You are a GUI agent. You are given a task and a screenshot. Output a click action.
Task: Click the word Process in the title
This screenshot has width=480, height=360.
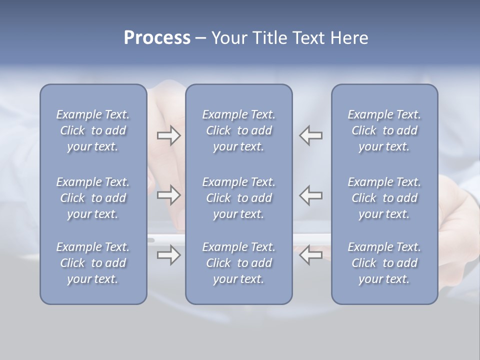tap(157, 38)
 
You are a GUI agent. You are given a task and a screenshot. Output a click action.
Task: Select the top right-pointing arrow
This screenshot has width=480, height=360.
tap(168, 135)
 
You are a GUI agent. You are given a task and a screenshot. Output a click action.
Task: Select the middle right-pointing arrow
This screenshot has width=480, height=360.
tap(168, 195)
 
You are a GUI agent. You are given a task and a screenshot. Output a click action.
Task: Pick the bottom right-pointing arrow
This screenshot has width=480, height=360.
tap(168, 255)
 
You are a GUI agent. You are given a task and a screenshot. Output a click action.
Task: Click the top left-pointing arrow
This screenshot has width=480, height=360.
tap(311, 135)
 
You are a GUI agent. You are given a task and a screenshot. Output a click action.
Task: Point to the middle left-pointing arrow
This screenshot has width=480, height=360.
tap(311, 195)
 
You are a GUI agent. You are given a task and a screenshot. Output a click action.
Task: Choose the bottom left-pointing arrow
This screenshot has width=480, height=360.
tap(311, 255)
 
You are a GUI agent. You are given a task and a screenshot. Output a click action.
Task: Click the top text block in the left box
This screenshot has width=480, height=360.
tap(93, 130)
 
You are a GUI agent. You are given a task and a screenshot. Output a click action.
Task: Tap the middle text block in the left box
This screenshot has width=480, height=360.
tap(93, 198)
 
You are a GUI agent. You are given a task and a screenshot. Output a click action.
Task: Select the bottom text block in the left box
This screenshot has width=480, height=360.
tap(93, 263)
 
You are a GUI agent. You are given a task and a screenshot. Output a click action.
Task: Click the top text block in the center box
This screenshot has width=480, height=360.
tap(238, 130)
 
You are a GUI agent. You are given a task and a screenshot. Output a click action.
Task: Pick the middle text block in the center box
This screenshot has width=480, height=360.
tap(238, 198)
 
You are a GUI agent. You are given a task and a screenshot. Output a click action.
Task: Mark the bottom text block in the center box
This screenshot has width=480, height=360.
tap(238, 263)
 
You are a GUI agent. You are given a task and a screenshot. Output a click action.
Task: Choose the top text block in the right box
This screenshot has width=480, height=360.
tap(384, 130)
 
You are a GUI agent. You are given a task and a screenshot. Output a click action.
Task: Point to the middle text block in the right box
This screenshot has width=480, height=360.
tap(384, 198)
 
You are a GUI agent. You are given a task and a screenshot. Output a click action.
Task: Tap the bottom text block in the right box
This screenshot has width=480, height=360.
tap(384, 263)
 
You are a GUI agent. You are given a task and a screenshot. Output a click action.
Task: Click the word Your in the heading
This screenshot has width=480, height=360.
tap(227, 38)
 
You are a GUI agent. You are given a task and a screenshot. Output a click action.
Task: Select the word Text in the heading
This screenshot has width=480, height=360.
tap(308, 38)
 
